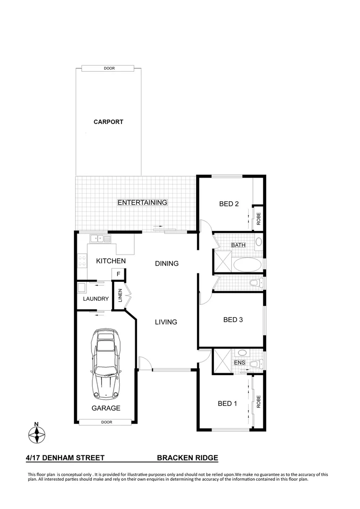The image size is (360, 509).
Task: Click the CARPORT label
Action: [x=108, y=122]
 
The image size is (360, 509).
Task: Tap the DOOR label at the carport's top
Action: [x=109, y=68]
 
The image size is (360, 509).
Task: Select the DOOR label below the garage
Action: [x=106, y=422]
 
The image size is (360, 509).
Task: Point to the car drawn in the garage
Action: [x=106, y=363]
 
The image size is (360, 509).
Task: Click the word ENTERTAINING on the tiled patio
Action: [x=142, y=203]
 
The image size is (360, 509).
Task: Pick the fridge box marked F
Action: [x=118, y=274]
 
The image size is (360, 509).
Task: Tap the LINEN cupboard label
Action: [x=120, y=295]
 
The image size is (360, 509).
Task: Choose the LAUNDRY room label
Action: [x=96, y=299]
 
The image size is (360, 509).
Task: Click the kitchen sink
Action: [x=101, y=238]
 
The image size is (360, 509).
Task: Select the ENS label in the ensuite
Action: [x=239, y=363]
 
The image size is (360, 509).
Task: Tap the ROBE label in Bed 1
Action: [x=258, y=402]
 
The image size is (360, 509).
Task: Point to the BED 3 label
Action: [x=233, y=320]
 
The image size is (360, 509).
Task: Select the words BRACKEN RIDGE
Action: [x=187, y=458]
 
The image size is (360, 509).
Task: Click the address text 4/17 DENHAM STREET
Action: [x=65, y=458]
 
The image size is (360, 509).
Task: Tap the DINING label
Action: [x=167, y=263]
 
